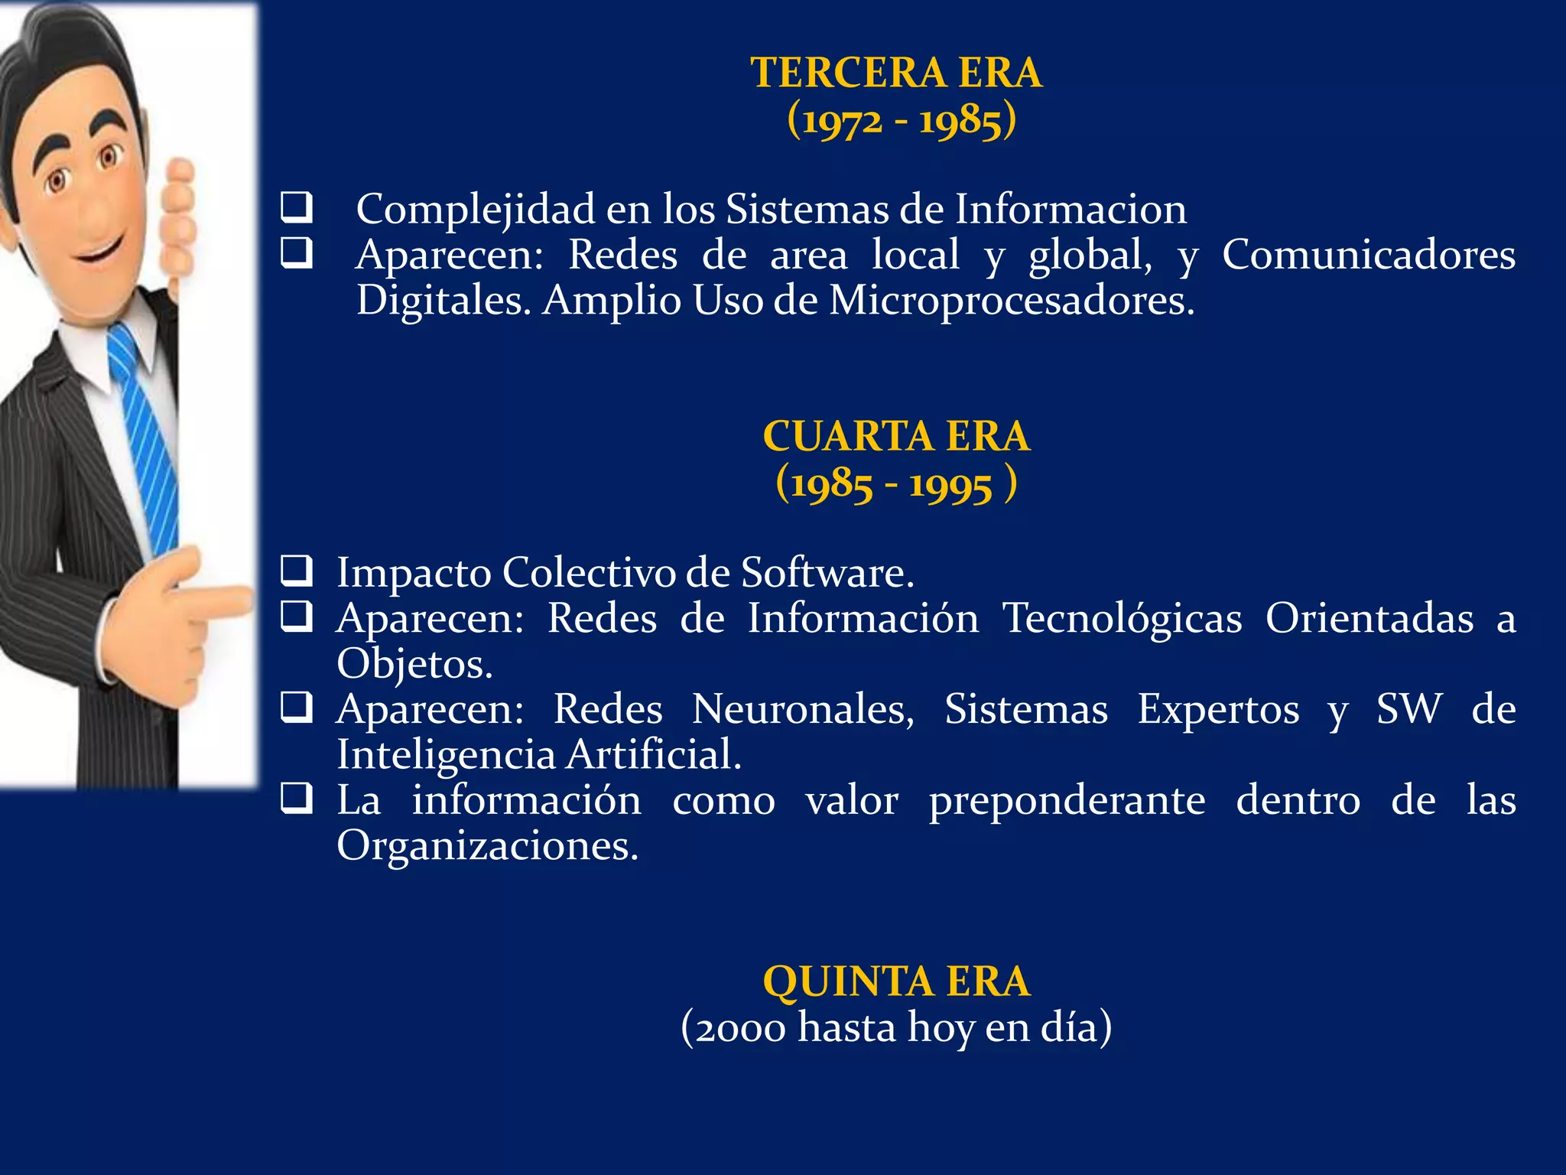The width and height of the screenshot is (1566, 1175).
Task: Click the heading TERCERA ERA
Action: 896,73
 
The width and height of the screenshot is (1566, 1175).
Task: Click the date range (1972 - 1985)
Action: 902,121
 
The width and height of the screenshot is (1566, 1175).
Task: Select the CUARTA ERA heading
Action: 896,437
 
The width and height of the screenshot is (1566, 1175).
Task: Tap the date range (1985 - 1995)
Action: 895,484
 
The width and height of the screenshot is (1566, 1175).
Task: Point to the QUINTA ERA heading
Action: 896,981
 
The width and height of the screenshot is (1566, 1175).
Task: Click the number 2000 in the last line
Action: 739,1028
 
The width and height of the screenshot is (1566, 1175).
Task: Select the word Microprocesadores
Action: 1011,301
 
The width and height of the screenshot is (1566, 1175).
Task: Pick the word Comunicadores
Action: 1368,255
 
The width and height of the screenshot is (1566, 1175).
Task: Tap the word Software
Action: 827,573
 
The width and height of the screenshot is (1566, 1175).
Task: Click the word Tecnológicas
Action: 1122,618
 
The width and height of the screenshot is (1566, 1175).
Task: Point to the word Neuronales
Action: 803,709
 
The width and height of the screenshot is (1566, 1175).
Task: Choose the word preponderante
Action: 1067,801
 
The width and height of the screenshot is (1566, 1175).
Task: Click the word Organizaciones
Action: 487,846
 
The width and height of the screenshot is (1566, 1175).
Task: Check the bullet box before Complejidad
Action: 296,207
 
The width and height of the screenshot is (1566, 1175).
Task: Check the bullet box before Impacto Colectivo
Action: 296,571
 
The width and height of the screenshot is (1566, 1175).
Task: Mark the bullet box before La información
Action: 296,799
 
